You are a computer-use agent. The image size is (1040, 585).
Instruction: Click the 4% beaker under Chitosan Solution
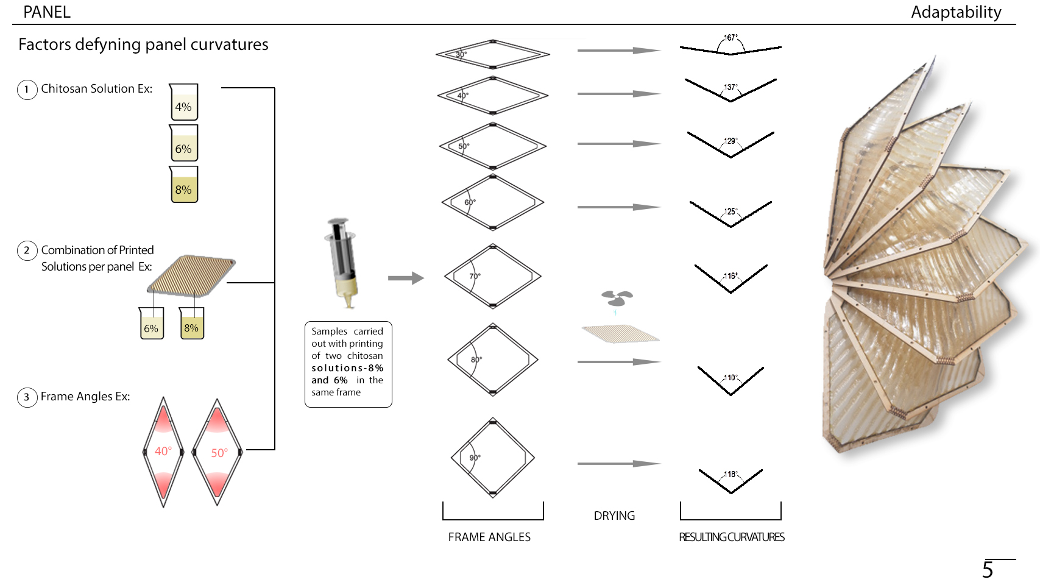click(183, 102)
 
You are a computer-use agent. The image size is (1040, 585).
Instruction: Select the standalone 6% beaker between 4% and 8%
click(183, 143)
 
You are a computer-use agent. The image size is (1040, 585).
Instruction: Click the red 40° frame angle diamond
click(163, 452)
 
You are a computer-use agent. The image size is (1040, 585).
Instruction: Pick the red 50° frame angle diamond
click(218, 452)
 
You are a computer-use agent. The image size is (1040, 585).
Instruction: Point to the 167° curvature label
click(730, 38)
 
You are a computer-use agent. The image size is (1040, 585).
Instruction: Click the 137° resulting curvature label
click(730, 87)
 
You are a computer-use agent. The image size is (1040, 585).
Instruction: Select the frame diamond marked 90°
click(493, 458)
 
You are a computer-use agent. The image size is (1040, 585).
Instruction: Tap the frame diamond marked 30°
click(493, 54)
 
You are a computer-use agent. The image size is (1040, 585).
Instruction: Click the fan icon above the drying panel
click(617, 298)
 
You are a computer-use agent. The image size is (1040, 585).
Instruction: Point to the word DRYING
click(614, 516)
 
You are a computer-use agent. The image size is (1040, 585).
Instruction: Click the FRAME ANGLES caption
click(489, 537)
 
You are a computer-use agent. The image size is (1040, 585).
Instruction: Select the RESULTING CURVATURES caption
click(732, 537)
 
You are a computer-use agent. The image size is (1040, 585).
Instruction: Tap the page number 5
click(988, 570)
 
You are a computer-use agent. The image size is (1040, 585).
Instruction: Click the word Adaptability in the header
click(956, 12)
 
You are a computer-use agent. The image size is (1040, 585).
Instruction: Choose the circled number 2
click(27, 250)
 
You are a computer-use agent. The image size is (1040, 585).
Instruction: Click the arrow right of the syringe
click(406, 278)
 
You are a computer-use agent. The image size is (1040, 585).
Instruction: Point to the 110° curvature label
click(730, 378)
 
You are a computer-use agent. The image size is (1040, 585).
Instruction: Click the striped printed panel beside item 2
click(191, 275)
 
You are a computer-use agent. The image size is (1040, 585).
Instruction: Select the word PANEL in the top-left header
click(47, 12)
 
